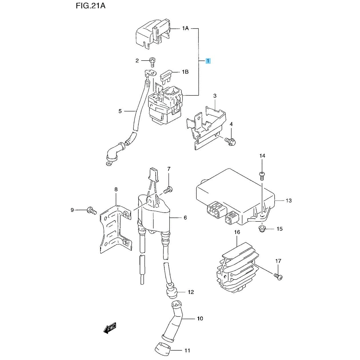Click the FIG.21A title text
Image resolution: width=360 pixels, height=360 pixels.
[91, 6]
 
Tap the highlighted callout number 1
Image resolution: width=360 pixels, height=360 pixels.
[208, 61]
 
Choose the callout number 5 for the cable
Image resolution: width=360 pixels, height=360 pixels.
[120, 111]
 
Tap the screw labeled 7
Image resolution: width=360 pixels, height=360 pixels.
[168, 189]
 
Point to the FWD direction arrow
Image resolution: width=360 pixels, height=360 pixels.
[110, 328]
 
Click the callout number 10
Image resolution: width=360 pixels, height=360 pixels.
[200, 318]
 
